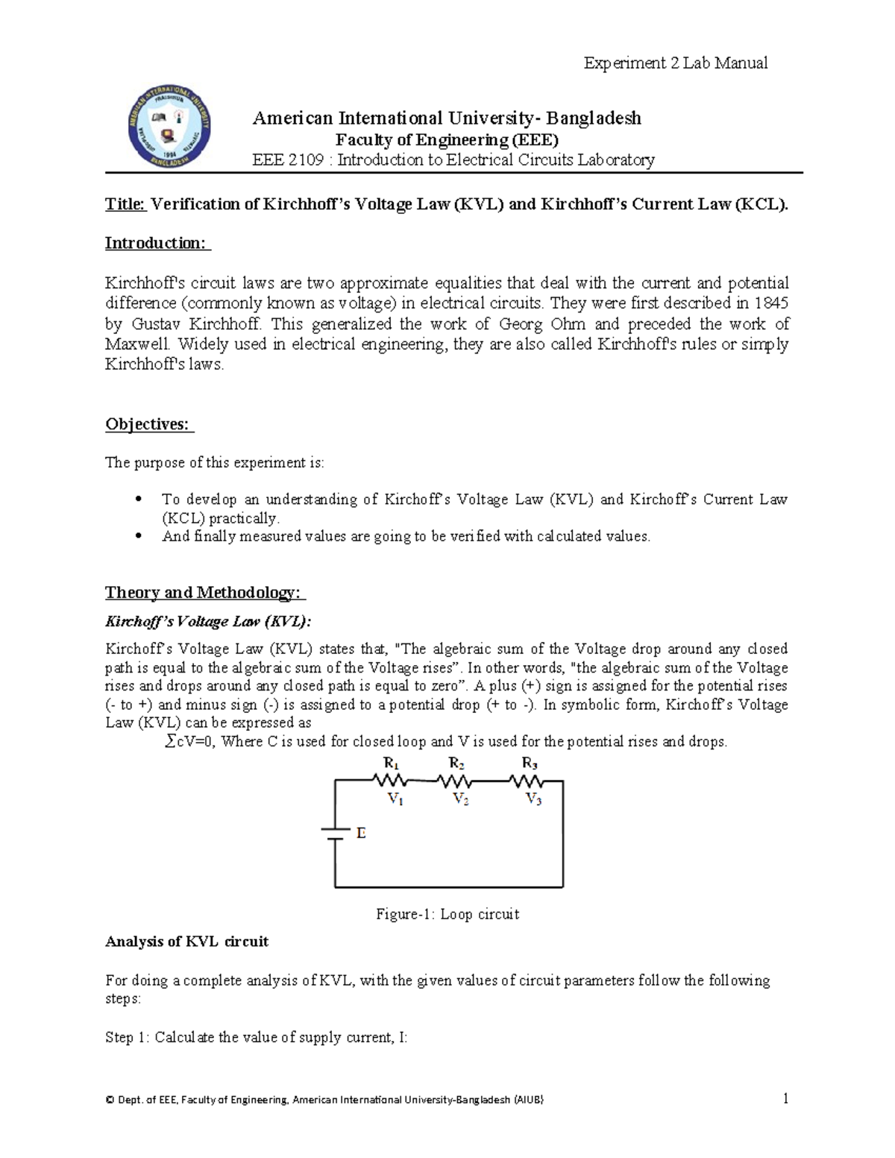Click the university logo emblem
169,125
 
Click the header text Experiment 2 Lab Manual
675,63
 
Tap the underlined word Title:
126,204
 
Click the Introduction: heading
157,243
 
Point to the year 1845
770,303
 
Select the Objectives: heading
148,424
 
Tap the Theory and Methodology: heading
204,593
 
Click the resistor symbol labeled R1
390,781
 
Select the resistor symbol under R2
455,781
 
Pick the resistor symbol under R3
527,781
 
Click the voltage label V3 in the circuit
533,800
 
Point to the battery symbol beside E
335,834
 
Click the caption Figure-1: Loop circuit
447,914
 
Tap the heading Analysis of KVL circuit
186,942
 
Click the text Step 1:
128,1037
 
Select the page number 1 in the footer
785,1098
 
